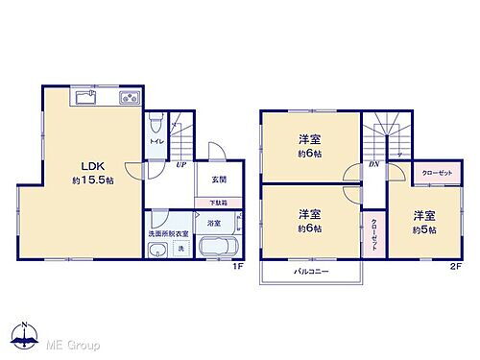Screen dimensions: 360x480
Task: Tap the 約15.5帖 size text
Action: [90, 181]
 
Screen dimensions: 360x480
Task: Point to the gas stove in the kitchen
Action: [129, 98]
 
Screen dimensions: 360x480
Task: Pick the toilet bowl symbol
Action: [156, 122]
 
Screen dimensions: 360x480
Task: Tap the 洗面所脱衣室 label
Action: [168, 233]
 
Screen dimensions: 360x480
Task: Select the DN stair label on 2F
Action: [372, 164]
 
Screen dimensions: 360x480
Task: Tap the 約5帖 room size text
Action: [425, 230]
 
